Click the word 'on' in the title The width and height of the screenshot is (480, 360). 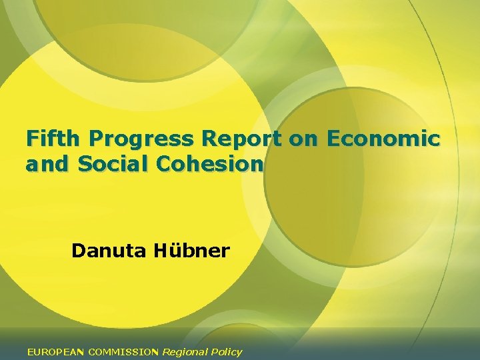click(301, 139)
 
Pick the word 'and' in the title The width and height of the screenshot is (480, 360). click(47, 163)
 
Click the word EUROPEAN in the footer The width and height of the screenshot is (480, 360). click(56, 351)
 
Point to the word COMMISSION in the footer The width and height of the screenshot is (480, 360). click(123, 351)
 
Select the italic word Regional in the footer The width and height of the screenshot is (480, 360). click(185, 351)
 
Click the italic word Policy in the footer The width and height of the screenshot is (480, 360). click(227, 351)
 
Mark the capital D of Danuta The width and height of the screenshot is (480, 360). click(78, 251)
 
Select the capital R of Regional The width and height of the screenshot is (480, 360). click(166, 351)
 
